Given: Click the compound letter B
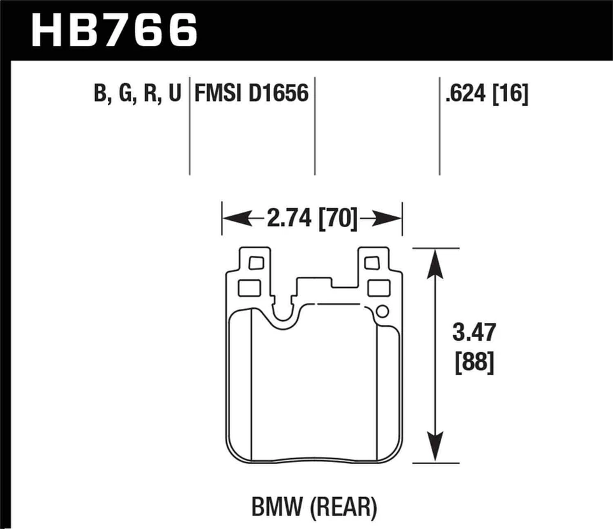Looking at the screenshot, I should (100, 94).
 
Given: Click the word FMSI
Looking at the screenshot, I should (218, 94).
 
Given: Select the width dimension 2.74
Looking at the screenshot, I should (291, 219).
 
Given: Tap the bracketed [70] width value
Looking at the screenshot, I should (338, 219).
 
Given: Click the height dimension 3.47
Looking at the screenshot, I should (472, 334).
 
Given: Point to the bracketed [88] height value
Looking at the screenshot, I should (472, 364).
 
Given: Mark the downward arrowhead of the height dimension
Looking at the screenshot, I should (435, 448).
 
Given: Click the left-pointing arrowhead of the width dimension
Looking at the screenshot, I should (232, 219).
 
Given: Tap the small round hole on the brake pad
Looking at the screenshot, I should (382, 311).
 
